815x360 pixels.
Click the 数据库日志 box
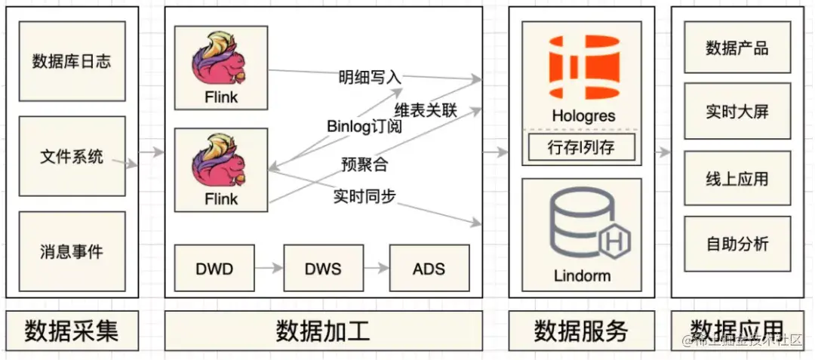(72, 61)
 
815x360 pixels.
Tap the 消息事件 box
(72, 251)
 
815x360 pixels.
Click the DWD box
(214, 268)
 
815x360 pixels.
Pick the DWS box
(323, 268)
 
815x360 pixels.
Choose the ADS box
(429, 268)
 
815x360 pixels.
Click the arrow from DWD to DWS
(269, 268)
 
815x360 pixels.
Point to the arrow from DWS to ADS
(376, 268)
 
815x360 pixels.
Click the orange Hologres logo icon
(583, 66)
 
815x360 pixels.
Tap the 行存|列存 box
(581, 147)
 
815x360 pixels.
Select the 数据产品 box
(737, 48)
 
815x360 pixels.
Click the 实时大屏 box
(737, 112)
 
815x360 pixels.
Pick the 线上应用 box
(737, 178)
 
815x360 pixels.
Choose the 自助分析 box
(737, 243)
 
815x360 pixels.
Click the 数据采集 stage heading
(72, 331)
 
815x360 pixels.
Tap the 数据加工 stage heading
(323, 331)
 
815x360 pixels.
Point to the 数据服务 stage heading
(581, 331)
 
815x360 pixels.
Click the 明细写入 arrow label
(370, 77)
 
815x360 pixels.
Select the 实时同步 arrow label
(365, 196)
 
